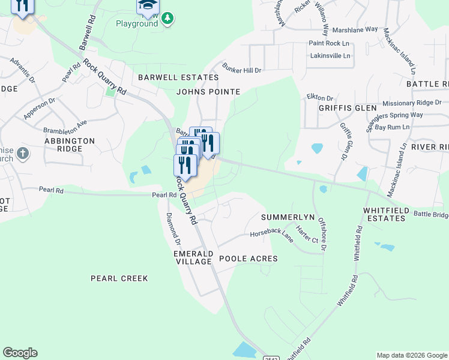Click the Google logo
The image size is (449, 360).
(x=20, y=353)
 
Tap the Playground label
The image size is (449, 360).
(x=136, y=23)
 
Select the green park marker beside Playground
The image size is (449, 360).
(x=167, y=19)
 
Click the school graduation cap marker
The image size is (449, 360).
(x=147, y=6)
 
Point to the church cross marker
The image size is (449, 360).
(x=22, y=154)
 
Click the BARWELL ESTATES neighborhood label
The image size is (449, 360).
(x=178, y=77)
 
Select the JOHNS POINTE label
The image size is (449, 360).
(x=208, y=92)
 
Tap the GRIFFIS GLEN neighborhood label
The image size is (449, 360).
(x=333, y=109)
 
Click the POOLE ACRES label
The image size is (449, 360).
(x=248, y=259)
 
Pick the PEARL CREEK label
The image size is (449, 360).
(x=119, y=278)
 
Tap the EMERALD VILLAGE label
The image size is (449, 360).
(x=193, y=257)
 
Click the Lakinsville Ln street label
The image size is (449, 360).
(x=330, y=55)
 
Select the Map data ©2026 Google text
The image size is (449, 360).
(x=411, y=355)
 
